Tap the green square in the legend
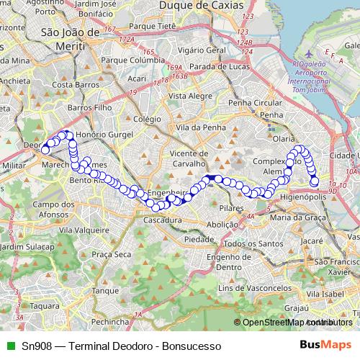pyautogui.click(x=9, y=344)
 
